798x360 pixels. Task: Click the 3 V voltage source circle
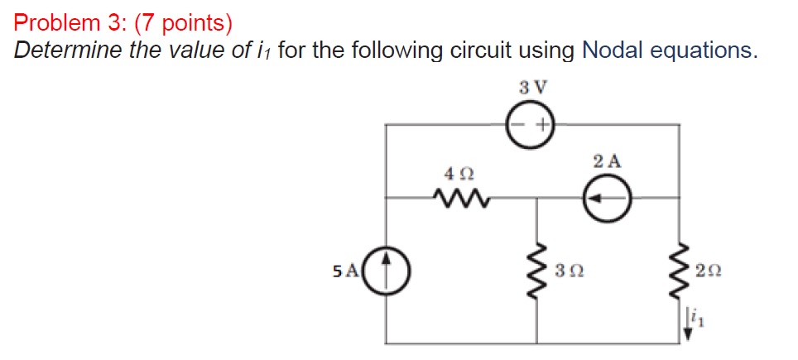click(x=531, y=126)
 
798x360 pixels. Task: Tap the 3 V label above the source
click(x=531, y=87)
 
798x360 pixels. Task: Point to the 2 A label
click(x=608, y=161)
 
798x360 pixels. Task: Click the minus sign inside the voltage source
click(x=519, y=126)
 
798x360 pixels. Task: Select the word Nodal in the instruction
click(x=613, y=50)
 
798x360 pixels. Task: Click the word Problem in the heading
click(x=52, y=20)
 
